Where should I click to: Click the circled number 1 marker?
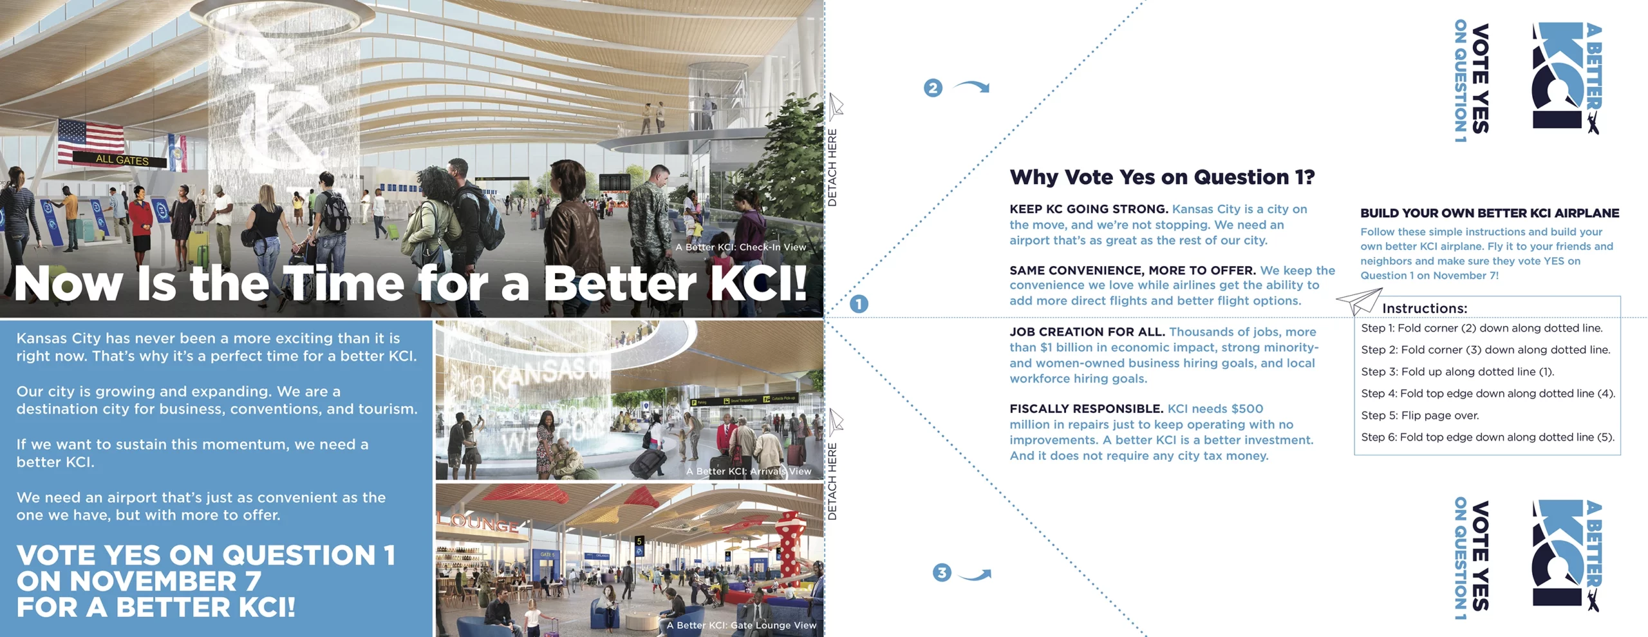click(x=859, y=304)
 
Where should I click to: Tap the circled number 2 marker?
click(x=933, y=88)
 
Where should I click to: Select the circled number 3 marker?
click(x=942, y=573)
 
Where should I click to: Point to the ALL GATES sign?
click(x=122, y=160)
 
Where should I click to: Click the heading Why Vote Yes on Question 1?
click(x=1162, y=177)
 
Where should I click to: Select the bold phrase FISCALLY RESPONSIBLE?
click(x=1086, y=409)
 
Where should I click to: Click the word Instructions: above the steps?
click(x=1425, y=309)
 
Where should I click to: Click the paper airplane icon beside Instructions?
click(x=1359, y=301)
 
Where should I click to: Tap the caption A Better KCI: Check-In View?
click(x=740, y=247)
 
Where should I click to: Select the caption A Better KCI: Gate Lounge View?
click(x=741, y=625)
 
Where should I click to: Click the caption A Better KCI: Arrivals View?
click(x=749, y=471)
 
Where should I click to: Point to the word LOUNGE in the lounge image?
click(x=477, y=523)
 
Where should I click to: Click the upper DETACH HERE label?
click(x=832, y=167)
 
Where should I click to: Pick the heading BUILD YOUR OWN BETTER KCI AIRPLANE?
click(x=1490, y=213)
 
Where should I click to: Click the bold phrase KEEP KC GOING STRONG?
click(x=1089, y=209)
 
